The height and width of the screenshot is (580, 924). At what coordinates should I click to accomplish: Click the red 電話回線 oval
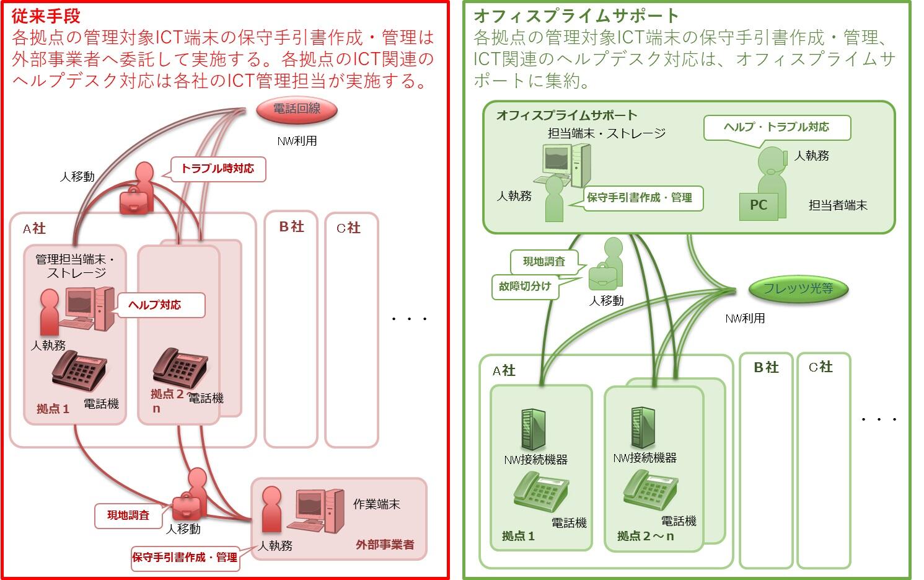coord(297,110)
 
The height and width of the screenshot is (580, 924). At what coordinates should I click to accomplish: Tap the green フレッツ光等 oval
coord(798,288)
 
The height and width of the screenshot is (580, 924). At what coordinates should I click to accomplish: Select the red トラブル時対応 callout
coord(218,169)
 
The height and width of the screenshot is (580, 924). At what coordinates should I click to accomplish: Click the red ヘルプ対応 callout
coord(160,305)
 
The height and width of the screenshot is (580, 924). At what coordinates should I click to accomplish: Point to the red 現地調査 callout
coord(128,515)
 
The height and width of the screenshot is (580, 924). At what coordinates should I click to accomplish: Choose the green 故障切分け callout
coord(525,287)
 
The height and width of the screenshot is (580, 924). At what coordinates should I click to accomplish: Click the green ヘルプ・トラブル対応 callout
coord(777,127)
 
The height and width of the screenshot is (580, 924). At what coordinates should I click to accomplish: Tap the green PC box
coord(759,205)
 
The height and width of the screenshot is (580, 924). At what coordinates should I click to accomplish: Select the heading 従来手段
coord(46,16)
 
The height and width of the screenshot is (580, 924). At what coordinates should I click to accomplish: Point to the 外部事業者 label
coord(385,545)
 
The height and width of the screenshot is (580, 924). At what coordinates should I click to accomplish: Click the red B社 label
coord(291,227)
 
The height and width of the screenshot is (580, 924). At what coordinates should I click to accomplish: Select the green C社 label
coord(821,367)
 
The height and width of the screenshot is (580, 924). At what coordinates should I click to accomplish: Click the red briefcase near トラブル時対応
coord(134,200)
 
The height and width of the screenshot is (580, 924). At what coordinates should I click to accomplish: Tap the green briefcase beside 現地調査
coord(602,276)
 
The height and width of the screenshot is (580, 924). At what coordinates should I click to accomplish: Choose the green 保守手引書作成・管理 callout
coord(639,198)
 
